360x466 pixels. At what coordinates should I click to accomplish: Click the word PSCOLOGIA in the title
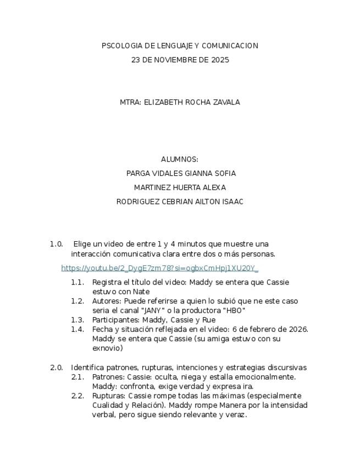pyautogui.click(x=119, y=46)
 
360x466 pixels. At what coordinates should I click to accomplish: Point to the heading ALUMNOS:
pyautogui.click(x=180, y=159)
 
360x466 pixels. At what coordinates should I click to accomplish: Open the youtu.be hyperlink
pyautogui.click(x=159, y=268)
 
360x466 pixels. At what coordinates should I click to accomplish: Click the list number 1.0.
pyautogui.click(x=57, y=244)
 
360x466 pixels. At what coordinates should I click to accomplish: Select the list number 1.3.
pyautogui.click(x=77, y=320)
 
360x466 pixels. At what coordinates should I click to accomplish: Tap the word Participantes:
pyautogui.click(x=115, y=320)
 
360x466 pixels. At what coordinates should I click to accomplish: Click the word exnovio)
pyautogui.click(x=108, y=348)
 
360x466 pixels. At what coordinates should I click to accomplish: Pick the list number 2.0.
pyautogui.click(x=57, y=368)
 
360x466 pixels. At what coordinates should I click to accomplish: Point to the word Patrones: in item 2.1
pyautogui.click(x=108, y=377)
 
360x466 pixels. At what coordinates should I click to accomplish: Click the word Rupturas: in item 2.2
pyautogui.click(x=109, y=396)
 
